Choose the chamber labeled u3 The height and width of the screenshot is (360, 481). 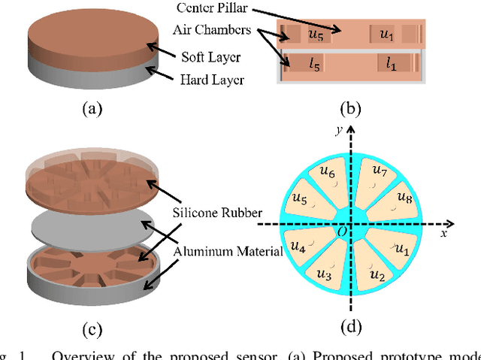(x=326, y=274)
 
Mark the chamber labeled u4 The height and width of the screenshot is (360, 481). (x=298, y=246)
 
